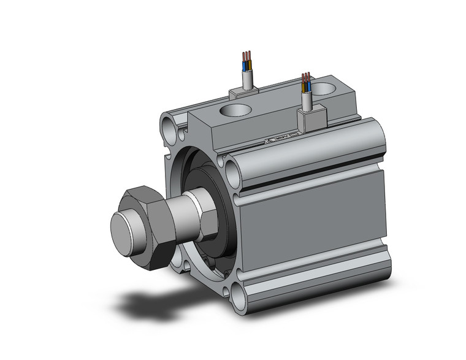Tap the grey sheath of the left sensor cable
click(248, 78)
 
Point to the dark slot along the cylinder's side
click(313, 178)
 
